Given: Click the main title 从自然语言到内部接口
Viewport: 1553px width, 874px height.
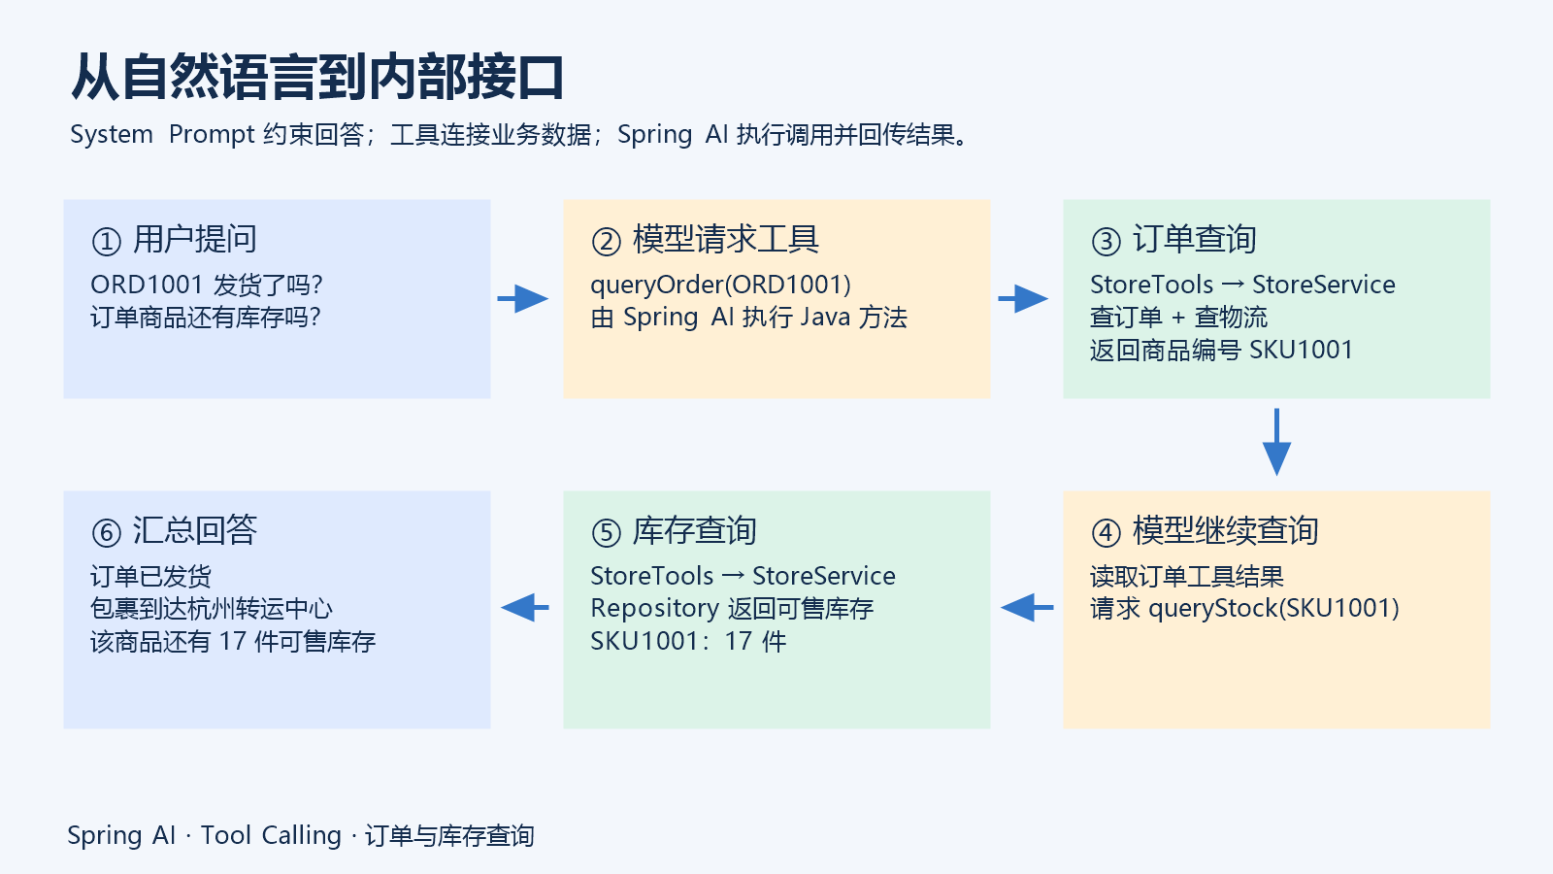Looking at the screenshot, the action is click(316, 77).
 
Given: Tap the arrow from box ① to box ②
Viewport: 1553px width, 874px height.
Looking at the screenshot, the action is click(523, 299).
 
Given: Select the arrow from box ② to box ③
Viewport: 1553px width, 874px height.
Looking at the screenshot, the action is click(1023, 299).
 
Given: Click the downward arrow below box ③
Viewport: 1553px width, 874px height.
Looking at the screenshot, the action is click(1276, 442).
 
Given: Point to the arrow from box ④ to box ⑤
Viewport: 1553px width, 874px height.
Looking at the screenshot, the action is click(1027, 608).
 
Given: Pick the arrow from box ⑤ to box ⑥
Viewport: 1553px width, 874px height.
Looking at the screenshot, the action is click(525, 608).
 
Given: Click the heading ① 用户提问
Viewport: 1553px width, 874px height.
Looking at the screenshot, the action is click(174, 240).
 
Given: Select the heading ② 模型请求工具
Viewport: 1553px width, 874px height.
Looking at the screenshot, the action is click(705, 240).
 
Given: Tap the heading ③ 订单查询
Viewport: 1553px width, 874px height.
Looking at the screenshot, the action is click(1173, 240).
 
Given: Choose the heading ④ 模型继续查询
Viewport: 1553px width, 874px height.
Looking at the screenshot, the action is click(1205, 531).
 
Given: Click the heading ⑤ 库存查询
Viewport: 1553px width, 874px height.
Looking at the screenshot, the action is click(674, 531).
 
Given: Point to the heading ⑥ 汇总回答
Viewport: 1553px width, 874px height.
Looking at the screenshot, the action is click(174, 531).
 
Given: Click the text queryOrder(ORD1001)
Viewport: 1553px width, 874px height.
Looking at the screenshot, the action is click(721, 286).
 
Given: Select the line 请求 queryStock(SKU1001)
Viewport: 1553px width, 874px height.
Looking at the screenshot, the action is click(1245, 609).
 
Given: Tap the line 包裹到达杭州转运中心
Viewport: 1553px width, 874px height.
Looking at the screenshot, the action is click(212, 609).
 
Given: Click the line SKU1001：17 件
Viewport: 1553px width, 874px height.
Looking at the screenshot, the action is click(688, 642).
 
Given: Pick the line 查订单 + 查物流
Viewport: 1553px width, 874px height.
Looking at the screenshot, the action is click(1178, 318).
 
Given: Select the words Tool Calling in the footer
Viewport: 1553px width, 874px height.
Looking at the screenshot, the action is click(271, 836).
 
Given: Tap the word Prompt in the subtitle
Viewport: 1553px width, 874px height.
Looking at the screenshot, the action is click(213, 135).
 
